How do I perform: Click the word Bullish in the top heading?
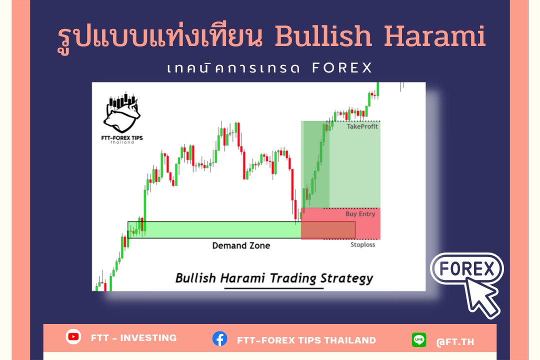pyautogui.click(x=323, y=36)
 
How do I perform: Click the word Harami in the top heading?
pyautogui.click(x=435, y=36)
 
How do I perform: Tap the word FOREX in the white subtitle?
pyautogui.click(x=342, y=68)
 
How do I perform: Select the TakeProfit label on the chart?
pyautogui.click(x=362, y=126)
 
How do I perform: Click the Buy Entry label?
pyautogui.click(x=360, y=214)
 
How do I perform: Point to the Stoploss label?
pyautogui.click(x=362, y=244)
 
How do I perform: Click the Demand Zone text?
pyautogui.click(x=241, y=245)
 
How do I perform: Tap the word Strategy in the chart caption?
pyautogui.click(x=347, y=278)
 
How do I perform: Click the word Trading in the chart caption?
pyautogui.click(x=292, y=278)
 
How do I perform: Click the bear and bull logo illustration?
pyautogui.click(x=122, y=112)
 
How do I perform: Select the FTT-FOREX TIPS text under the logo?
pyautogui.click(x=122, y=138)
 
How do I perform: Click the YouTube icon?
pyautogui.click(x=73, y=336)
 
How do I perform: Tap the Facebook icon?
pyautogui.click(x=219, y=339)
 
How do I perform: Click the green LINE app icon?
pyautogui.click(x=419, y=339)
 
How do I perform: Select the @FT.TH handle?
pyautogui.click(x=455, y=341)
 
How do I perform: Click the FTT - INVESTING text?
pyautogui.click(x=133, y=338)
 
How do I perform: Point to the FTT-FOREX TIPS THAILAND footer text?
pyautogui.click(x=306, y=340)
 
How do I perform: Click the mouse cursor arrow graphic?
pyautogui.click(x=481, y=297)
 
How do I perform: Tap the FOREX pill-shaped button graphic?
pyautogui.click(x=466, y=268)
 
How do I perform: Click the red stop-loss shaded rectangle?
pyautogui.click(x=340, y=223)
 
